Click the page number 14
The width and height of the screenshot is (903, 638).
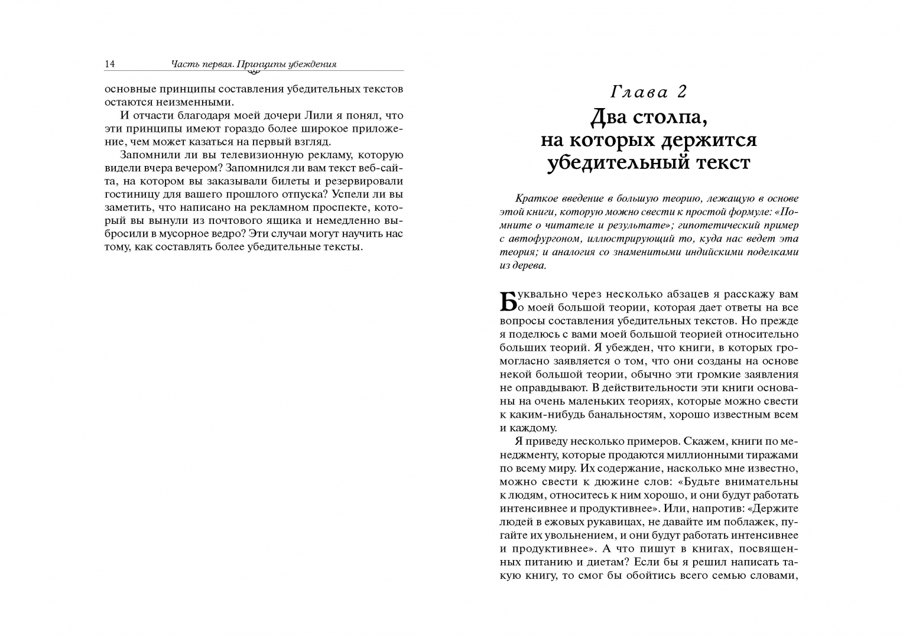(x=109, y=64)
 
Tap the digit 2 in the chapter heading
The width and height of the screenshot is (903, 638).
(x=682, y=92)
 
